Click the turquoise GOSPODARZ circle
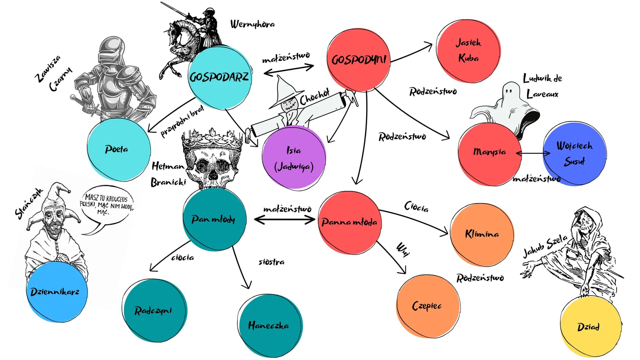coord(219,78)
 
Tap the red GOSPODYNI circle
coord(359,60)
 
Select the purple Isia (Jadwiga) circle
coord(293,158)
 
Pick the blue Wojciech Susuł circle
coord(574,154)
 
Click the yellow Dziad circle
coord(591,327)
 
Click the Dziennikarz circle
coord(57,292)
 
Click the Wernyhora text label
coord(252,24)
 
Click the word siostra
coord(271,262)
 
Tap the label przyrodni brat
coord(182,122)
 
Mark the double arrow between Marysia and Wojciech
coord(533,153)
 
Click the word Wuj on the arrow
coord(403,250)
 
